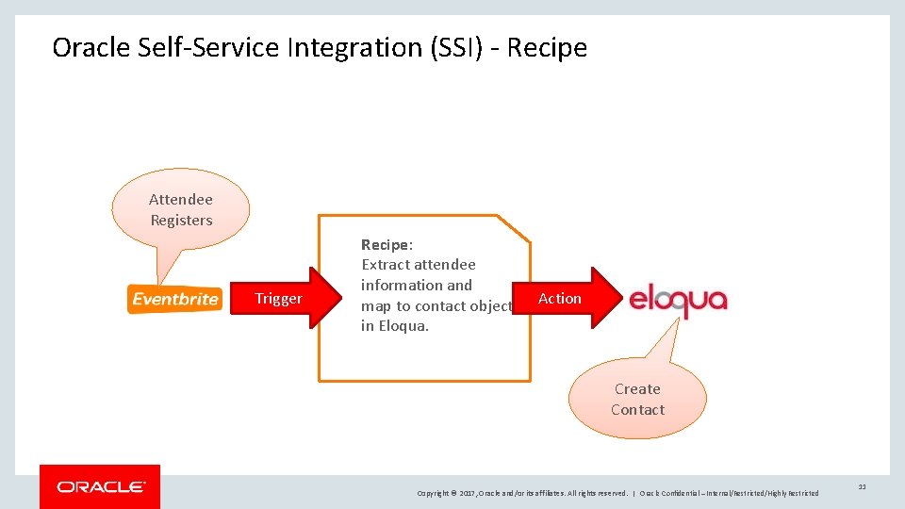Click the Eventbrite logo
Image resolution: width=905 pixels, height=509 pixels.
[x=175, y=299]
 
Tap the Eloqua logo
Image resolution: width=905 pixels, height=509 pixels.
[x=678, y=300]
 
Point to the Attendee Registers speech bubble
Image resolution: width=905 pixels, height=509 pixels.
[x=181, y=209]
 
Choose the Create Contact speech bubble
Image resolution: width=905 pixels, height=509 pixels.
[x=637, y=399]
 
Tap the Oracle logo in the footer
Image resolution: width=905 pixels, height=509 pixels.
[x=100, y=486]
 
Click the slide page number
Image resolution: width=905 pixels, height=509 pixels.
[x=863, y=486]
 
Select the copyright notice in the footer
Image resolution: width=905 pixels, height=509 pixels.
[x=617, y=493]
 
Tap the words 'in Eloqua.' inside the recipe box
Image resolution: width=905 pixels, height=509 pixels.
[x=395, y=326]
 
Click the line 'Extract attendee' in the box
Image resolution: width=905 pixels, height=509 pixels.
[x=419, y=265]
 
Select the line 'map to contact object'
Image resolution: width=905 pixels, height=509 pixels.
[x=436, y=305]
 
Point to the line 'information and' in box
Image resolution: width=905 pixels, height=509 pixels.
[x=417, y=285]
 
